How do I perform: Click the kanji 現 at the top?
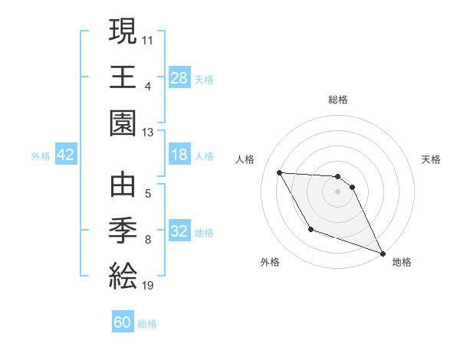(123, 33)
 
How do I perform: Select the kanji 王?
(123, 77)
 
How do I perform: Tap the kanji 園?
(123, 123)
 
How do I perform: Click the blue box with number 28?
(179, 77)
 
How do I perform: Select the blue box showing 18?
(179, 155)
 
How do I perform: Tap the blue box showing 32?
(179, 232)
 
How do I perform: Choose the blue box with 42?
(66, 155)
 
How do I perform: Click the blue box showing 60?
(123, 322)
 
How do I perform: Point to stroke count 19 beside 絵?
(147, 286)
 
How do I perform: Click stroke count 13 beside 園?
(147, 132)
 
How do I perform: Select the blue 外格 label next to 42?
(41, 156)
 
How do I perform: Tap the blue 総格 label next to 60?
(147, 324)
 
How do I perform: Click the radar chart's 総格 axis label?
(337, 100)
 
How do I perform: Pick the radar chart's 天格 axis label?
(432, 159)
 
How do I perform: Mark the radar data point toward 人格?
(279, 172)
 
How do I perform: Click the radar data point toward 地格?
(383, 254)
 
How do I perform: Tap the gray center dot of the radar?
(337, 191)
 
